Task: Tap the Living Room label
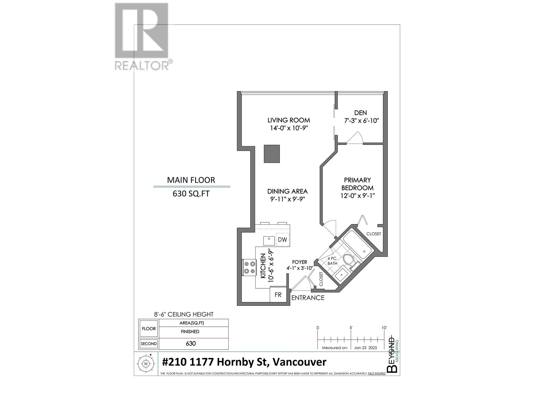click(x=289, y=120)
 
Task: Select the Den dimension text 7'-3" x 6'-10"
click(x=361, y=121)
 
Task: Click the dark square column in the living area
click(x=272, y=154)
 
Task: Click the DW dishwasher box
click(x=282, y=240)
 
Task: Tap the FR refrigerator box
click(x=278, y=295)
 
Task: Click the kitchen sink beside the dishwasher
click(x=269, y=240)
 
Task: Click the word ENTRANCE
click(x=308, y=298)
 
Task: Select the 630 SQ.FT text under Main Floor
click(x=191, y=194)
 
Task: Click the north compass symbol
click(x=146, y=364)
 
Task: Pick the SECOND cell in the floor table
click(x=149, y=344)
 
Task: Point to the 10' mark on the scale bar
click(x=384, y=328)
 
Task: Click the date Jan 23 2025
click(x=365, y=348)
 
